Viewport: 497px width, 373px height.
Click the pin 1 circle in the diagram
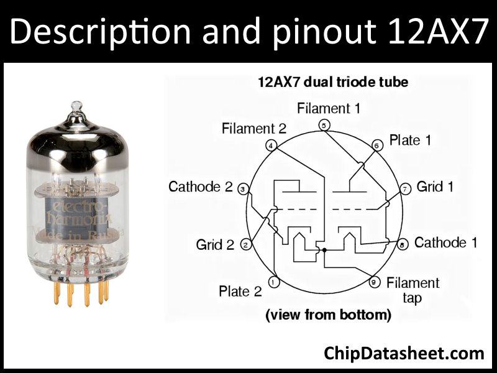[x=274, y=282]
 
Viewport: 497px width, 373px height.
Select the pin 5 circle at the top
[x=324, y=125]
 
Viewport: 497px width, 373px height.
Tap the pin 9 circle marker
[x=374, y=283]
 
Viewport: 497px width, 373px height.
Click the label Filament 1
[x=329, y=108]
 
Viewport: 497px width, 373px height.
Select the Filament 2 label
[x=254, y=129]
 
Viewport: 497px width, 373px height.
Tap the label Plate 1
[x=410, y=140]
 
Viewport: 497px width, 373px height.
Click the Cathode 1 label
[x=445, y=242]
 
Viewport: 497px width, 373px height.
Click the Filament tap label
[x=412, y=290]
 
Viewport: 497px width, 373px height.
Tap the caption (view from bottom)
[x=328, y=315]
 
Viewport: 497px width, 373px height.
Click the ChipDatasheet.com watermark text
[x=404, y=352]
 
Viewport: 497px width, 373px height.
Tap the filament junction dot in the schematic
[x=324, y=250]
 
